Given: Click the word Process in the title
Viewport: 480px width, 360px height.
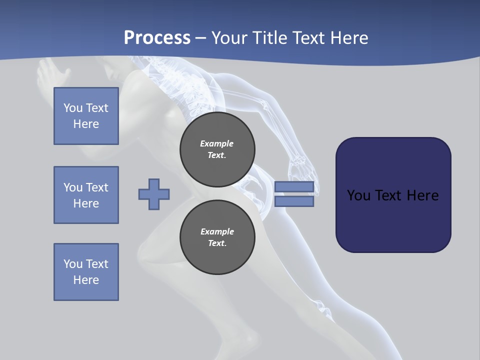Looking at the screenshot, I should pos(157,38).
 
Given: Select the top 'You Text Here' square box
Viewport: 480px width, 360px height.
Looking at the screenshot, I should pos(86,116).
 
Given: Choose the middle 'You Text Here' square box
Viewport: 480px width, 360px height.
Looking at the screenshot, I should pos(86,195).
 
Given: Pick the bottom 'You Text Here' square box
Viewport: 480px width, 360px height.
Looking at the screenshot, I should pos(86,271).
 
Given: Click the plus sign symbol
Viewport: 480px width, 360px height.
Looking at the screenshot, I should pos(154,194).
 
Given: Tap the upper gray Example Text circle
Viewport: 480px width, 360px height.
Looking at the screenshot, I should pos(217,149).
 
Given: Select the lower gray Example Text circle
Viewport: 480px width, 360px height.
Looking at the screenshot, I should pos(217,237).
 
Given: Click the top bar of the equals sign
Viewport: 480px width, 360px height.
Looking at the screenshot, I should pos(294,186).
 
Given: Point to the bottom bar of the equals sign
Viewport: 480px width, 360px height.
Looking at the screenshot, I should pos(294,201).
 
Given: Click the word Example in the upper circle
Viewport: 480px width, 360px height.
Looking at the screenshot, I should pos(216,143).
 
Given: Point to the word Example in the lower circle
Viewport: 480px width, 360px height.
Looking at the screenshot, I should pos(217,231).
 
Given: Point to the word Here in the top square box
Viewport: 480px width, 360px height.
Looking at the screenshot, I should pos(86,124).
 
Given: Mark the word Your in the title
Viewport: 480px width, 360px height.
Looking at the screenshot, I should pos(229,38).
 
